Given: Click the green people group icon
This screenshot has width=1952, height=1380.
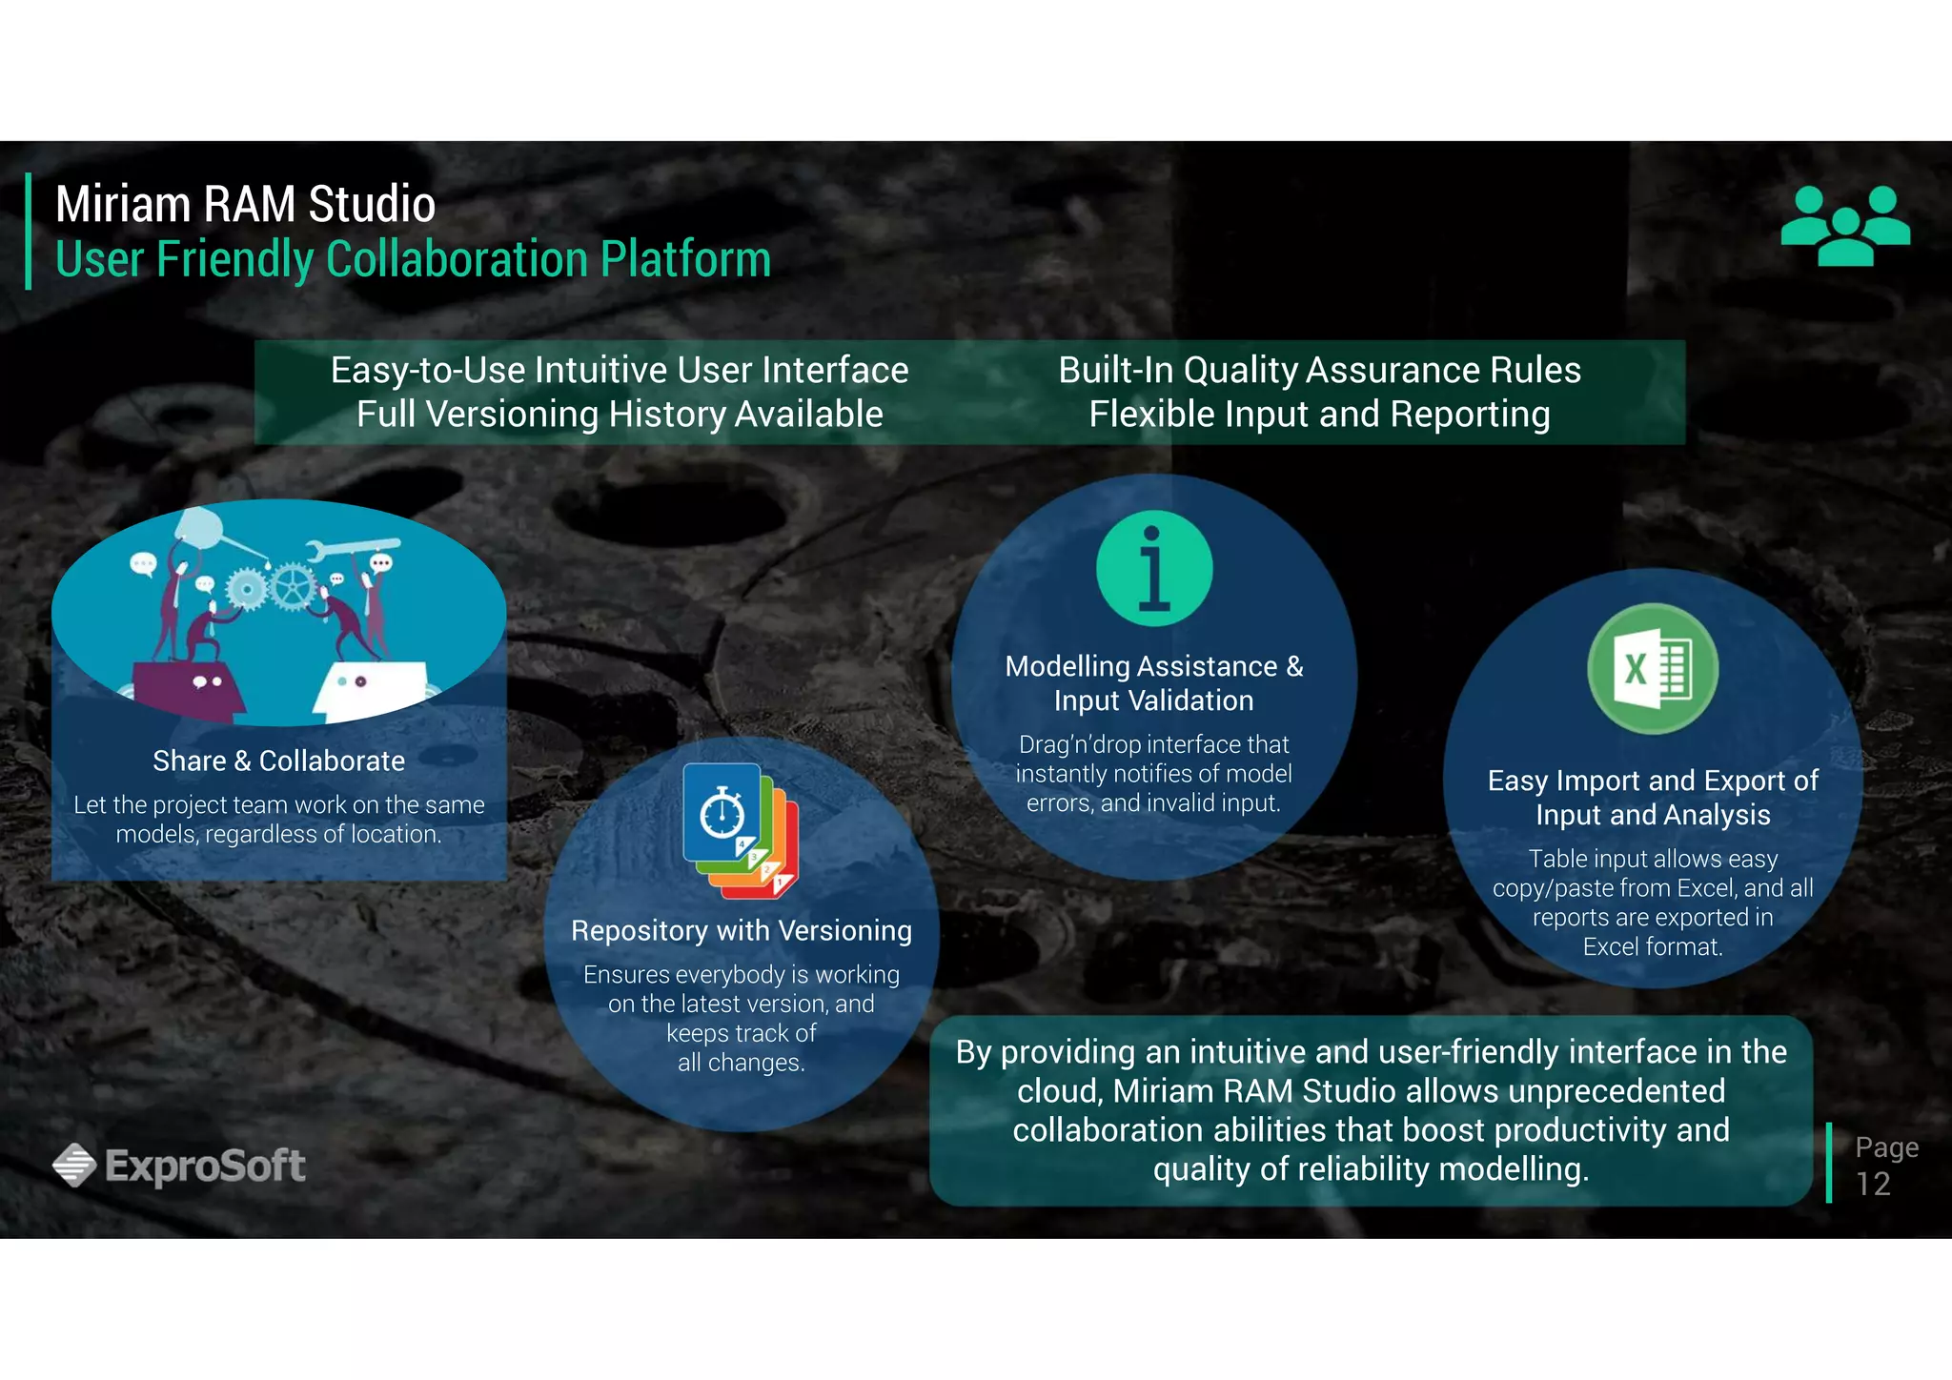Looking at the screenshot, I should [1845, 226].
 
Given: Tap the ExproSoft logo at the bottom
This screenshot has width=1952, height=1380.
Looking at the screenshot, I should [179, 1165].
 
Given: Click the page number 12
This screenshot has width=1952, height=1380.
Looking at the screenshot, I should [1873, 1184].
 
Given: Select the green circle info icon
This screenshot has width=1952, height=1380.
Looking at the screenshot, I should [1154, 569].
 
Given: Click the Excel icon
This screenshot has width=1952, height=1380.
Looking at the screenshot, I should [1653, 668].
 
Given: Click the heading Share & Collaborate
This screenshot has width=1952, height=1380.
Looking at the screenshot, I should [278, 761].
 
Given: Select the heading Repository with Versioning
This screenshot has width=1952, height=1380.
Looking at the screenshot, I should [741, 930].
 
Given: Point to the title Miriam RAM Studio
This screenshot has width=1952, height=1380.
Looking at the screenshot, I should [245, 204].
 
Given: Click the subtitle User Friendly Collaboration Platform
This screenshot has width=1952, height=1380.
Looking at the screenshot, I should [413, 259].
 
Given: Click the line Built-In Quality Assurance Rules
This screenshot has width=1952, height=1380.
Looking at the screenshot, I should [1319, 370].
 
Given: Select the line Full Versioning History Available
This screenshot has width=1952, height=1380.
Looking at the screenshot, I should [620, 415].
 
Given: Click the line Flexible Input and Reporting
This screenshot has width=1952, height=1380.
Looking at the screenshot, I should [1319, 415].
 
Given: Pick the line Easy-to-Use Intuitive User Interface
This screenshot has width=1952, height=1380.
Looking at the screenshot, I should [620, 370].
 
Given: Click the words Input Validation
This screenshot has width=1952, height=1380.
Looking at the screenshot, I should [1153, 700].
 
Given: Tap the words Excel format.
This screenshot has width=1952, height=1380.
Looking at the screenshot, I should [1653, 946].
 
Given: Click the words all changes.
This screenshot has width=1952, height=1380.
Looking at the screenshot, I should [741, 1063].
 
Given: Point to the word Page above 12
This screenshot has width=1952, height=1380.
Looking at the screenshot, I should [1886, 1147].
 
